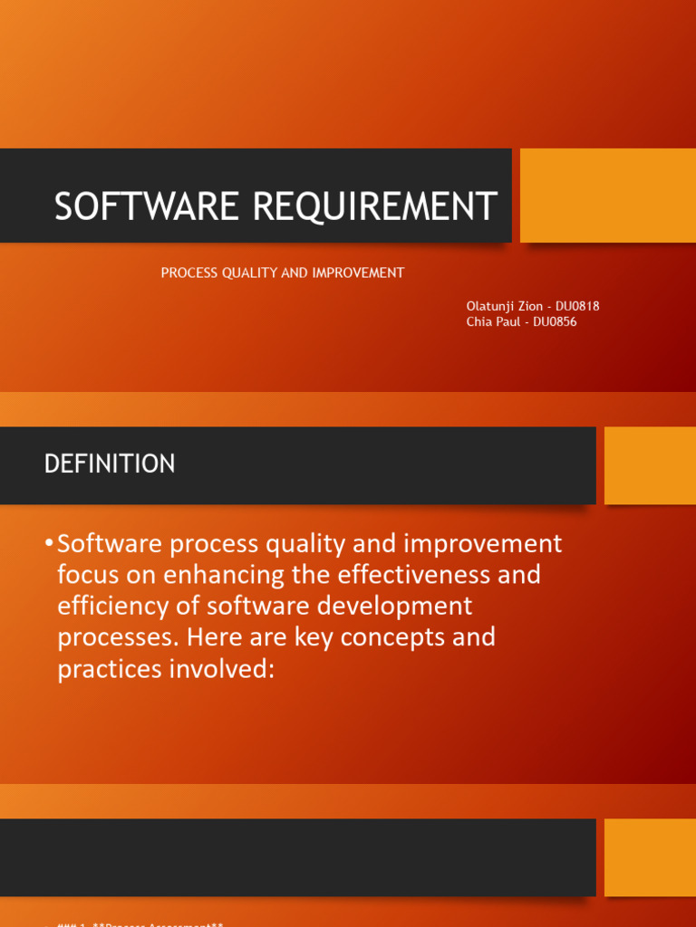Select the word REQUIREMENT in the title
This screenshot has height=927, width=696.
pos(374,206)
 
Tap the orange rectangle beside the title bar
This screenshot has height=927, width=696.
pos(608,196)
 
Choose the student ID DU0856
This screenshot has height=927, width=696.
pos(555,321)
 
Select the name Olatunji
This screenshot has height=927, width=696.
pos(489,306)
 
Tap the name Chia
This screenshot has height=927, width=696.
pos(478,321)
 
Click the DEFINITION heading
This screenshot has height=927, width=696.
pos(110,464)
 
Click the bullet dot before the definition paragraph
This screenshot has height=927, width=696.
pos(48,543)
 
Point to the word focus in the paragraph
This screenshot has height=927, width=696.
pos(87,575)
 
